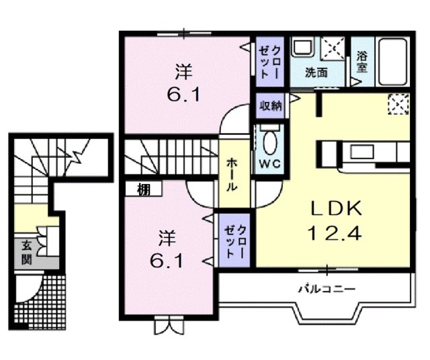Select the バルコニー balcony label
327,289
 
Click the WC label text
269,163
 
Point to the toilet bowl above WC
269,142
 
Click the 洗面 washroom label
316,72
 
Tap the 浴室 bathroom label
361,62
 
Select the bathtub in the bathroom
391,62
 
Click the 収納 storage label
271,105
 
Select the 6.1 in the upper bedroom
184,95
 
